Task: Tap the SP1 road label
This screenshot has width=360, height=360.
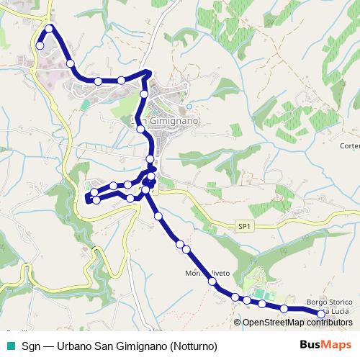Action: coord(245,226)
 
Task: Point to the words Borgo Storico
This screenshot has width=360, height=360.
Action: coord(328,302)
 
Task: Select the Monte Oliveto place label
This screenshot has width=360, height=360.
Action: coord(207,274)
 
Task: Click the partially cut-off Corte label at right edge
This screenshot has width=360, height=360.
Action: coord(350,145)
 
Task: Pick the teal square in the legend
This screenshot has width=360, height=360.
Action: coord(10,346)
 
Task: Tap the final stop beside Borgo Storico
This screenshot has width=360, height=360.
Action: coord(321,313)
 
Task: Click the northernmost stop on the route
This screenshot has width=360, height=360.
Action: coord(50,29)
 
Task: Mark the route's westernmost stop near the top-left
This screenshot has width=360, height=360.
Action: coord(40,45)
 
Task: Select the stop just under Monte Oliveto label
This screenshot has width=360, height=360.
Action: coord(212,282)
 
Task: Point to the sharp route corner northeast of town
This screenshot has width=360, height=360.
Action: coord(148,71)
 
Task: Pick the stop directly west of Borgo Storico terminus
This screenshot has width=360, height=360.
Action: coord(284,309)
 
